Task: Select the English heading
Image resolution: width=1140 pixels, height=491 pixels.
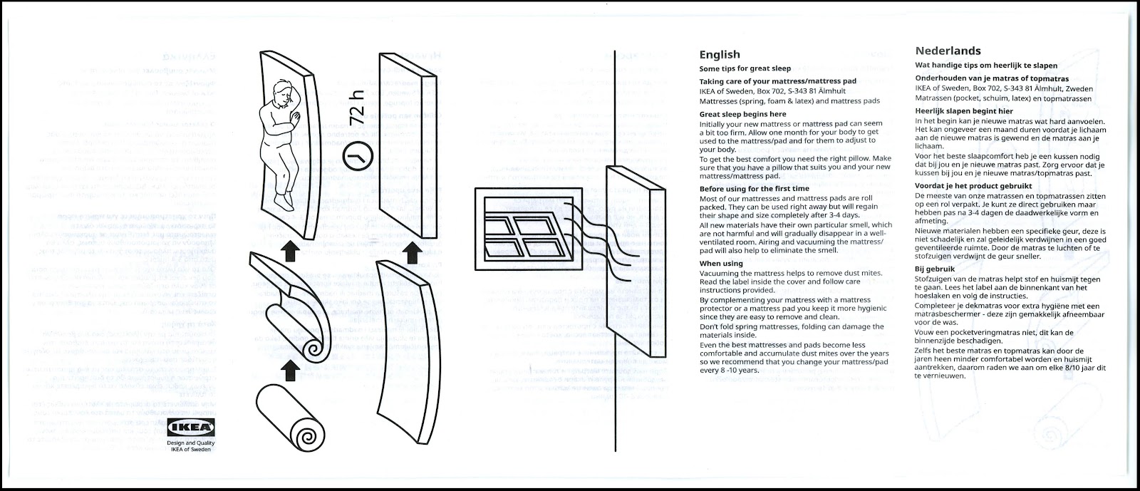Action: (x=719, y=54)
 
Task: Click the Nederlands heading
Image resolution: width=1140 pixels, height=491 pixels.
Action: (x=948, y=51)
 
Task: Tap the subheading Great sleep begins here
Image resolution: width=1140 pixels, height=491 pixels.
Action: (x=742, y=114)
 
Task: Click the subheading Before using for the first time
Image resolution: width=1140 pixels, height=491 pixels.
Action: (x=762, y=188)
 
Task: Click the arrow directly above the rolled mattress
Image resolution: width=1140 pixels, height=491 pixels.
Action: (x=289, y=371)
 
